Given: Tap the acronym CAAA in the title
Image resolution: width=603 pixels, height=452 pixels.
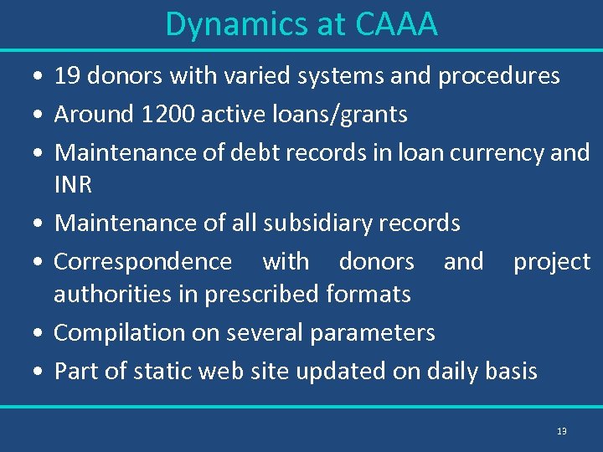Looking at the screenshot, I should coord(396,24).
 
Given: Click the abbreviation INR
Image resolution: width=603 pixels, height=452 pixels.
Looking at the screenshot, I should coord(73,185).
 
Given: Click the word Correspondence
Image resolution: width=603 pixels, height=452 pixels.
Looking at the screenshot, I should coord(143,261).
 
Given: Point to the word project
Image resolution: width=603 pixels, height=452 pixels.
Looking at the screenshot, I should coord(552,261).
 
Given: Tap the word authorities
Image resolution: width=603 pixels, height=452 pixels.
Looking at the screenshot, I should coord(110,294).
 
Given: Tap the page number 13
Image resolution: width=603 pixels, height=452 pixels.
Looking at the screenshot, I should coord(561,431).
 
